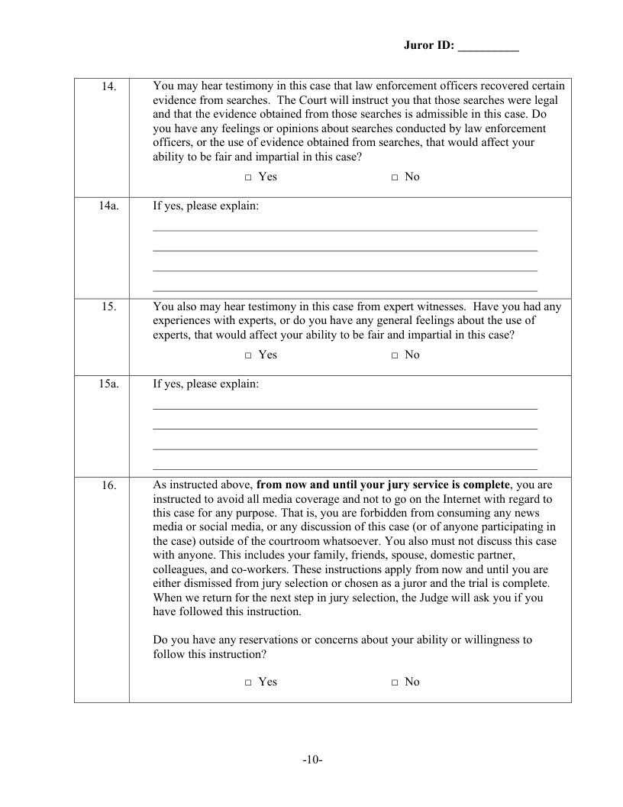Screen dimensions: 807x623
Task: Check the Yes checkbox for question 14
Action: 249,177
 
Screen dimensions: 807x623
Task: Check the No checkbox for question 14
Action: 395,177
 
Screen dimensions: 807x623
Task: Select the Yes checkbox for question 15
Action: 249,355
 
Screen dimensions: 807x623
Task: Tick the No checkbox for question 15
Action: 395,355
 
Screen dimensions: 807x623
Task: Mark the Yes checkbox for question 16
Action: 249,682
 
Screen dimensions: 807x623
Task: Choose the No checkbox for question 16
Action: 395,682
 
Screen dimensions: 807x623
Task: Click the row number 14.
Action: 108,87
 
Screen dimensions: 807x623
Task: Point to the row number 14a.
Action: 108,206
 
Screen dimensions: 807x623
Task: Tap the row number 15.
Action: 108,307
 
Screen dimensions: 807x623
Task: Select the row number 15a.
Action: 108,384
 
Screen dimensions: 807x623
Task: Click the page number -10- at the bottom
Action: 312,760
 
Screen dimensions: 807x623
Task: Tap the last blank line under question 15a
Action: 345,468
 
